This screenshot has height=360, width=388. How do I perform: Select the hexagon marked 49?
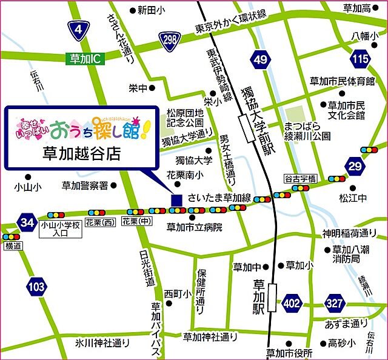261,59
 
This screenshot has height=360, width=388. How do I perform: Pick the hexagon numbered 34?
27,222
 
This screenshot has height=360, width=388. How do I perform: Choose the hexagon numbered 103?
36,285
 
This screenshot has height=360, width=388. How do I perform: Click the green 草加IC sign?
84,59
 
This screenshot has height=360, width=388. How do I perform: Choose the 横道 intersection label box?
13,246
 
